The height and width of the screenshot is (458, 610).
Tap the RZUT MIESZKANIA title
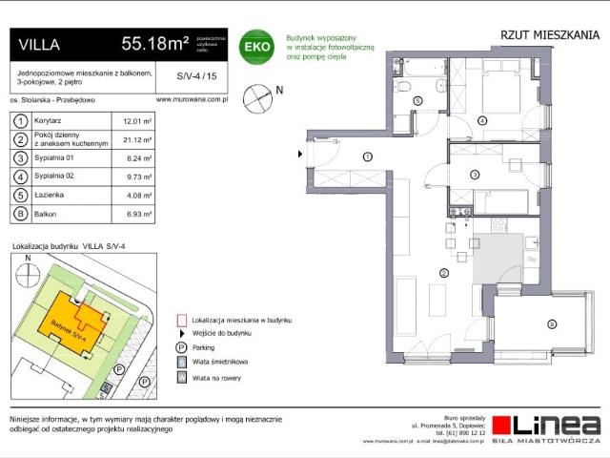point(550,35)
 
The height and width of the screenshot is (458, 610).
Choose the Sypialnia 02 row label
point(59,177)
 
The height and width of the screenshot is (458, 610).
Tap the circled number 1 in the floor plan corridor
point(367,156)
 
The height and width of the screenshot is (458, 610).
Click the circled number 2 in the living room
point(443,274)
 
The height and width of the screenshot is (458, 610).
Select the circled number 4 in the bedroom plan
point(482,120)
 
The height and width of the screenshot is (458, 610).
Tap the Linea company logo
point(548,426)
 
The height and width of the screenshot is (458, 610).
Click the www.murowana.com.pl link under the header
point(190,99)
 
